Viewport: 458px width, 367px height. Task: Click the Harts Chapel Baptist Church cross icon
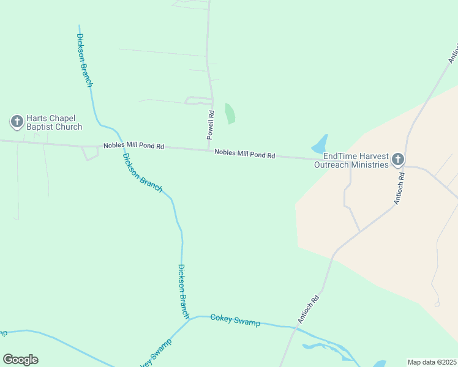17,121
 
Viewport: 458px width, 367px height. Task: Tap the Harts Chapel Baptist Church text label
54,122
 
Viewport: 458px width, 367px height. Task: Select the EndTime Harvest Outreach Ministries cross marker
397,160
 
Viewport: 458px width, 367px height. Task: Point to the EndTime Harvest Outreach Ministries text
351,160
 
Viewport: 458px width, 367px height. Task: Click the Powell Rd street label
211,124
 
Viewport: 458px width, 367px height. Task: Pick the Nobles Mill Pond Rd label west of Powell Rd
133,146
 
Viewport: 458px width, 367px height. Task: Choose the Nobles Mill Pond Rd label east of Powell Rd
244,155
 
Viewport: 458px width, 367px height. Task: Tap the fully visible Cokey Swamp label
235,320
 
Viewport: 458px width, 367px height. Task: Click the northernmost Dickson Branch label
84,60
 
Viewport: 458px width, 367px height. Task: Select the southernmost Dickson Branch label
183,291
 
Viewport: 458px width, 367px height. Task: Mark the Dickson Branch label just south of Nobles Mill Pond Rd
142,172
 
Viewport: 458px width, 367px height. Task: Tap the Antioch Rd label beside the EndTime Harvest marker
400,188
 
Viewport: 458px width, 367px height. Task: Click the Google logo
20,360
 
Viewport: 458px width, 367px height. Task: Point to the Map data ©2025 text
432,362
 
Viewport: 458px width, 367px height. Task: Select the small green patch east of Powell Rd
230,114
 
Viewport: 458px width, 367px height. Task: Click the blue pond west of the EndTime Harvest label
320,145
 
